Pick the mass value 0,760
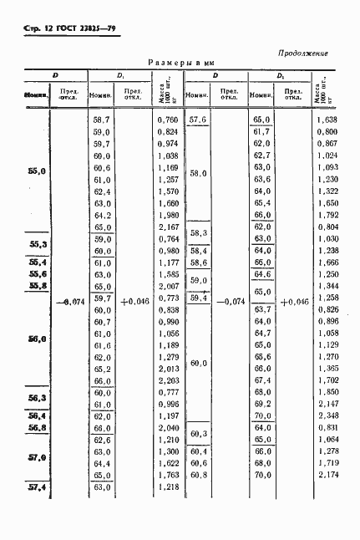pos(168,120)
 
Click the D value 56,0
pos(37,339)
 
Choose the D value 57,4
pos(37,487)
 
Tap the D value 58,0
pos(199,173)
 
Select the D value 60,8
pos(199,475)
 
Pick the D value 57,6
pos(199,120)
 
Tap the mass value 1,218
pos(168,487)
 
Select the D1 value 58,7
pos(102,120)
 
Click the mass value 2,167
pos(168,227)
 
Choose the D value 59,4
pos(199,298)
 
